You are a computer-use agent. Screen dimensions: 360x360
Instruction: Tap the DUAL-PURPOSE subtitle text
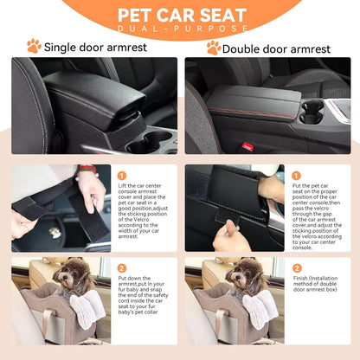pos(180,29)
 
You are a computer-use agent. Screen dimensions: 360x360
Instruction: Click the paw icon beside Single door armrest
pos(34,46)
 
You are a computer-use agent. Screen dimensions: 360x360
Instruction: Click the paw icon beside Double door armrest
pos(213,47)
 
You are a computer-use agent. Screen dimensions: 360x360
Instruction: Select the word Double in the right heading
pos(246,47)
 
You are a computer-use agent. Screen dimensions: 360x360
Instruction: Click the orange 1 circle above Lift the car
pos(122,176)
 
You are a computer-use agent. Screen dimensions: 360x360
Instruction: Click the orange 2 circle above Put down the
pos(122,268)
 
